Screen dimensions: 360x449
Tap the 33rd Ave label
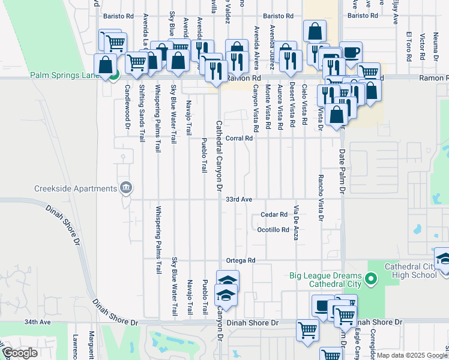(x=238, y=199)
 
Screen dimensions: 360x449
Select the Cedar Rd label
(x=274, y=214)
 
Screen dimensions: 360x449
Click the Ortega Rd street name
(x=241, y=260)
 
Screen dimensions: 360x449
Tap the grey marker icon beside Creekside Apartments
(x=126, y=188)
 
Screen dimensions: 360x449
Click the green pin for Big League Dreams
(x=371, y=278)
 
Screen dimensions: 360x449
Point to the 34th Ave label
(x=37, y=322)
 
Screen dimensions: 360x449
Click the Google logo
(x=19, y=353)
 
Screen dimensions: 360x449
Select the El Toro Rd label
(x=408, y=46)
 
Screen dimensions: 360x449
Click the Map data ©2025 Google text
(x=412, y=355)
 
